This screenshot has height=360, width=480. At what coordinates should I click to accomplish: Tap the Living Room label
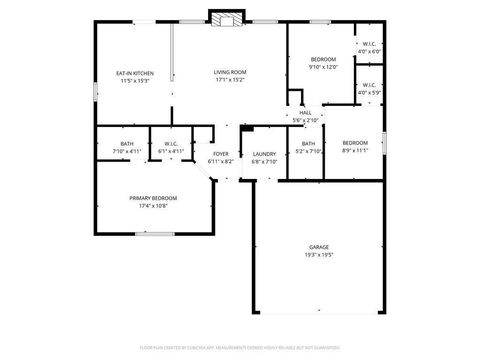[x=231, y=72]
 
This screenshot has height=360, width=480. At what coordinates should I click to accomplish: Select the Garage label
[x=319, y=245]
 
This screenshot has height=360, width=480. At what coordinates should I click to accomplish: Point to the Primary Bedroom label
[x=154, y=198]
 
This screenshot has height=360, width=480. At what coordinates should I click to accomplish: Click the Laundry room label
[x=264, y=153]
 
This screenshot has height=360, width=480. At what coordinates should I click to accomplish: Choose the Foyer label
[x=220, y=153]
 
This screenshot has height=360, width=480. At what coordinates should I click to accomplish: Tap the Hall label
[x=306, y=113]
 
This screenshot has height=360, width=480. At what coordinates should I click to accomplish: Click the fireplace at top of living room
[x=226, y=17]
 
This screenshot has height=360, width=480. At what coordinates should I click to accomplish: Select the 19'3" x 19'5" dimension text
[x=319, y=254]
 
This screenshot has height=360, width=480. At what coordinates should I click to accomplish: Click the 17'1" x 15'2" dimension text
[x=231, y=81]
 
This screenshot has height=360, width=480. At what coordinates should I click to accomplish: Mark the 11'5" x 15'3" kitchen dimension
[x=135, y=81]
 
